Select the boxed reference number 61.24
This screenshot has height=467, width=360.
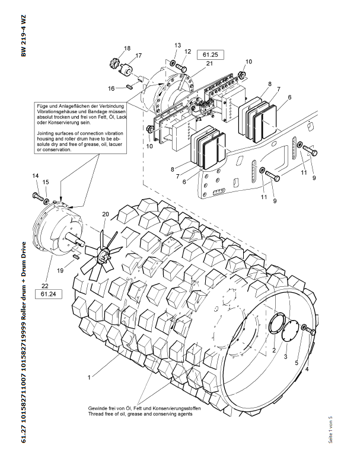(x=48, y=293)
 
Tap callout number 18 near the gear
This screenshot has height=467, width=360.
(x=127, y=48)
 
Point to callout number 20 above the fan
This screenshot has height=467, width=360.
(x=106, y=214)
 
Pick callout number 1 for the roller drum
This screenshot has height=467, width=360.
(x=90, y=376)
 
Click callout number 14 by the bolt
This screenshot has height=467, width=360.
(x=35, y=176)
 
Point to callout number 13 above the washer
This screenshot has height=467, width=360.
(x=177, y=46)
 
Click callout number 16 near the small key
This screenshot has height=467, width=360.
(x=111, y=88)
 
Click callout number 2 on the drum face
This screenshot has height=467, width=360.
(x=274, y=351)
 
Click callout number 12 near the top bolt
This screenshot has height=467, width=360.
(x=187, y=52)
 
